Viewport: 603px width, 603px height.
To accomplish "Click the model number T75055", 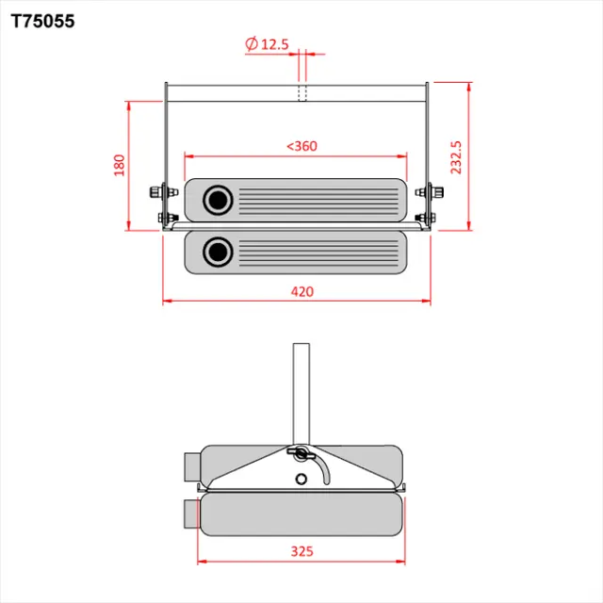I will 42,20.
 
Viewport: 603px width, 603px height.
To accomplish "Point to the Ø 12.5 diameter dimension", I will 265,43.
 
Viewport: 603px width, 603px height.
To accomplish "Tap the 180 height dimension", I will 119,165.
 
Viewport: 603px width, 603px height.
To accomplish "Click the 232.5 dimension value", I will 456,157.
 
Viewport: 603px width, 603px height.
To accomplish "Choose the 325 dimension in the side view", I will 301,551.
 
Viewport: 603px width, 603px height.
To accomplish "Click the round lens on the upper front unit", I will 220,200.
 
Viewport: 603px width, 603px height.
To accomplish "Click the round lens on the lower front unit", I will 220,252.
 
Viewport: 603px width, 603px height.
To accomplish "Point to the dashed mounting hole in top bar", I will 302,92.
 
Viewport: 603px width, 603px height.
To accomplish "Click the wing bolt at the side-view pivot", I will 300,455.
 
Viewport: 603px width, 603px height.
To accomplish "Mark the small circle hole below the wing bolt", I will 301,478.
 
